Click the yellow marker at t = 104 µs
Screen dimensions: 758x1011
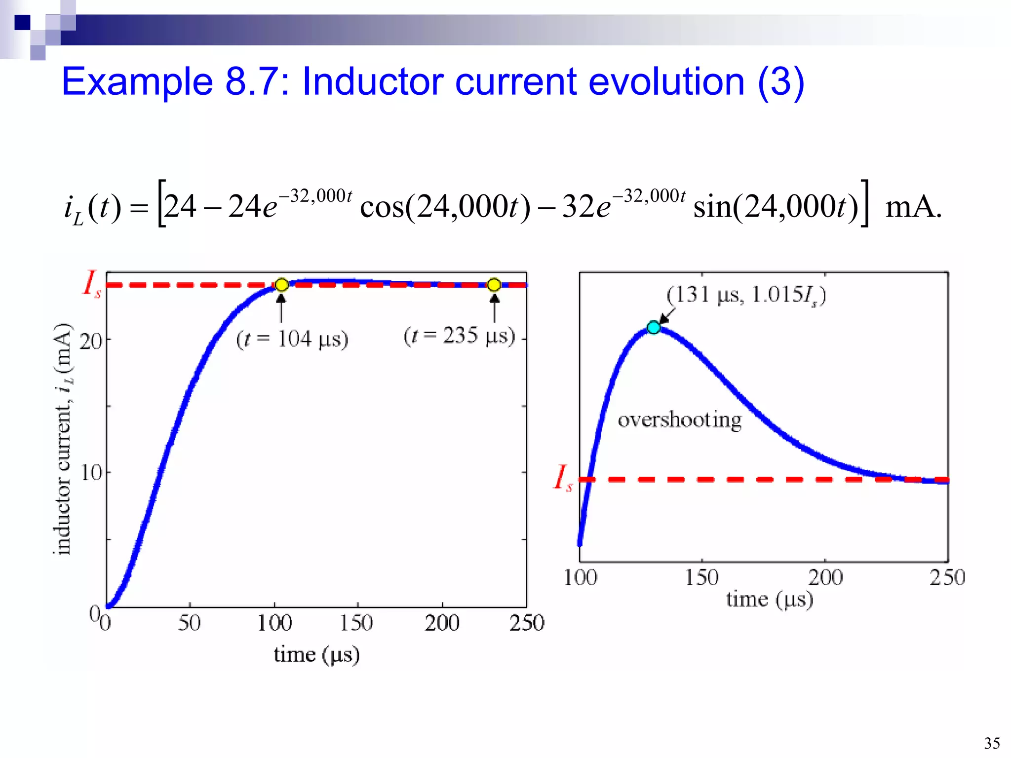click(281, 285)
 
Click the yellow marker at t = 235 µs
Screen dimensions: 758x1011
click(494, 285)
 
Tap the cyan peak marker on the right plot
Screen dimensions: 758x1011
click(654, 327)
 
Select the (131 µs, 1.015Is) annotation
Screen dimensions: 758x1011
click(746, 295)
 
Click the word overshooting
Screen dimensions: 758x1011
click(680, 420)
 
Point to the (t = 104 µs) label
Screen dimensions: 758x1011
click(292, 340)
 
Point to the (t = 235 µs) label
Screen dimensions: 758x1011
click(459, 336)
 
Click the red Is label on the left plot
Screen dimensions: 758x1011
click(92, 283)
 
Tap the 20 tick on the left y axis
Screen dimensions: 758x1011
click(91, 341)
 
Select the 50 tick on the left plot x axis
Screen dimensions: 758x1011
click(189, 623)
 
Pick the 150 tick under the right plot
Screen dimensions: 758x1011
click(701, 577)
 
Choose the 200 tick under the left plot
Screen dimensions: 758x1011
click(442, 623)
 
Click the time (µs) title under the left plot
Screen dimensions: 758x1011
click(316, 655)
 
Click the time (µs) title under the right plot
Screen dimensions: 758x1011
click(769, 600)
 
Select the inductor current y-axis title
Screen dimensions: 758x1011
click(63, 439)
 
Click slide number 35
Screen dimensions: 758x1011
click(992, 743)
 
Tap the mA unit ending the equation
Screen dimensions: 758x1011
click(913, 207)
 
